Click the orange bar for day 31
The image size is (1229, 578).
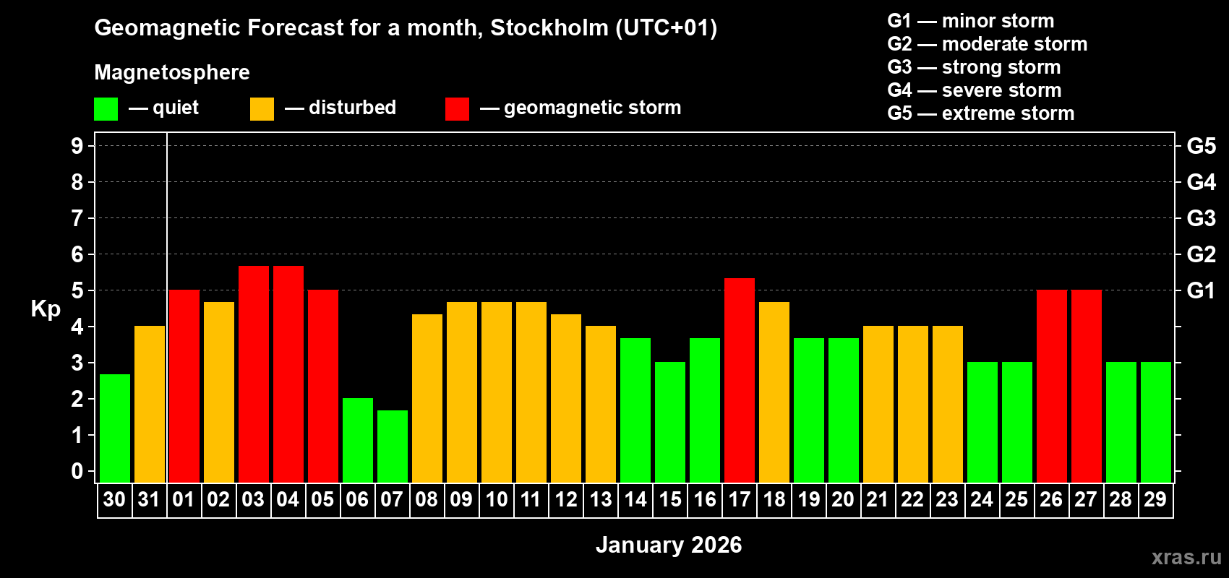(150, 404)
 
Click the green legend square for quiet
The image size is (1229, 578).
(106, 109)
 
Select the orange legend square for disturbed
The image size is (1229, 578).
(262, 109)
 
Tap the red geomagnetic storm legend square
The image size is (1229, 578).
(457, 109)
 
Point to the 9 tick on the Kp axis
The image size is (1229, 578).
(77, 146)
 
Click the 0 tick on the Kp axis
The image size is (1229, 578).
(77, 471)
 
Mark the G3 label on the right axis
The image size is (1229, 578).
(1201, 218)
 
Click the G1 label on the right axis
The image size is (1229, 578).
(1201, 290)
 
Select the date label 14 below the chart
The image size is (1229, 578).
(635, 499)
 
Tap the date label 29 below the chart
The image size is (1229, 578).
(1155, 499)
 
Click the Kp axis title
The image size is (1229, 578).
(46, 309)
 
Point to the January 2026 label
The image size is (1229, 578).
(669, 545)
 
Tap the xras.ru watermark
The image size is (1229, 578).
(1186, 556)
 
